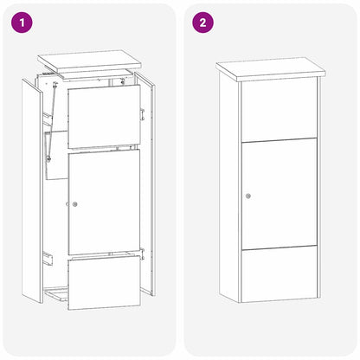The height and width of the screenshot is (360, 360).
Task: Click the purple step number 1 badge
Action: click(x=22, y=22)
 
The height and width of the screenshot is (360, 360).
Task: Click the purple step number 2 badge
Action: click(x=202, y=22)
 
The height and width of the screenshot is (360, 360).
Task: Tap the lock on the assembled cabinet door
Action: click(x=248, y=196)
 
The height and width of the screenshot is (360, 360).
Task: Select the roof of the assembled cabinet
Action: click(x=269, y=68)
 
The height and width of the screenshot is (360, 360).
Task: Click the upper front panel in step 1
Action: click(x=102, y=116)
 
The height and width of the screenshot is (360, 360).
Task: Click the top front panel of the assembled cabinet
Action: click(x=278, y=109)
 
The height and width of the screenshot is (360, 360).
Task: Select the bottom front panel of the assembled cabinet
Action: click(x=278, y=273)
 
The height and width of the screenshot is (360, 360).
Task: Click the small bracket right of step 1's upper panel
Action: click(x=142, y=114)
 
